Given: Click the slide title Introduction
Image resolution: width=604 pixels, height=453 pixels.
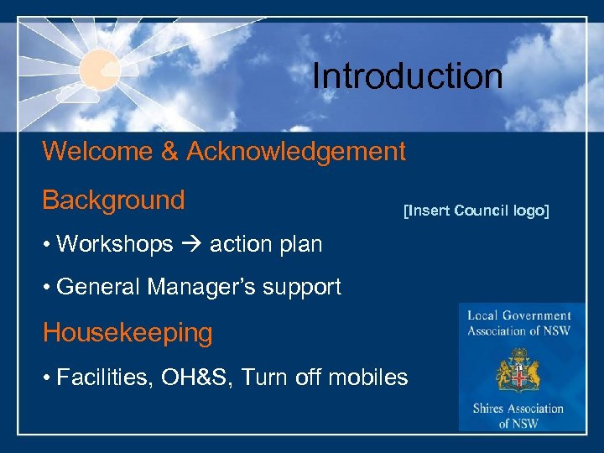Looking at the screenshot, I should click(x=407, y=76).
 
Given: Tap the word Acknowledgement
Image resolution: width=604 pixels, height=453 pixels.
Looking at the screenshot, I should click(x=296, y=152).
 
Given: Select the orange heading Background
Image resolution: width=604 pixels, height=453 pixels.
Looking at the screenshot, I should click(x=113, y=200).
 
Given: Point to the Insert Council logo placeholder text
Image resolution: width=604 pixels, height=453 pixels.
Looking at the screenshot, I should click(x=476, y=211).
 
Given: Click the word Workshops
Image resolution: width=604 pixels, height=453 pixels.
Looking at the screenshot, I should click(x=115, y=244).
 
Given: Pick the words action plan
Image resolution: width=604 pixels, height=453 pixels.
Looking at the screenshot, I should click(x=265, y=244).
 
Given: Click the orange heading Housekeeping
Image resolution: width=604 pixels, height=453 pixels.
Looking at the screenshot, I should click(x=128, y=333).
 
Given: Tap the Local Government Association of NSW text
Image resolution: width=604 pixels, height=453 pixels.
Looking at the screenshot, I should click(x=520, y=323).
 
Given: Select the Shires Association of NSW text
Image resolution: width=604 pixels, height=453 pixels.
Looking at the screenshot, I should click(x=520, y=416).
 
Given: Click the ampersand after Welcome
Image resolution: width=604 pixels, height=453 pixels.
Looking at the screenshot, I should click(x=171, y=152).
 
